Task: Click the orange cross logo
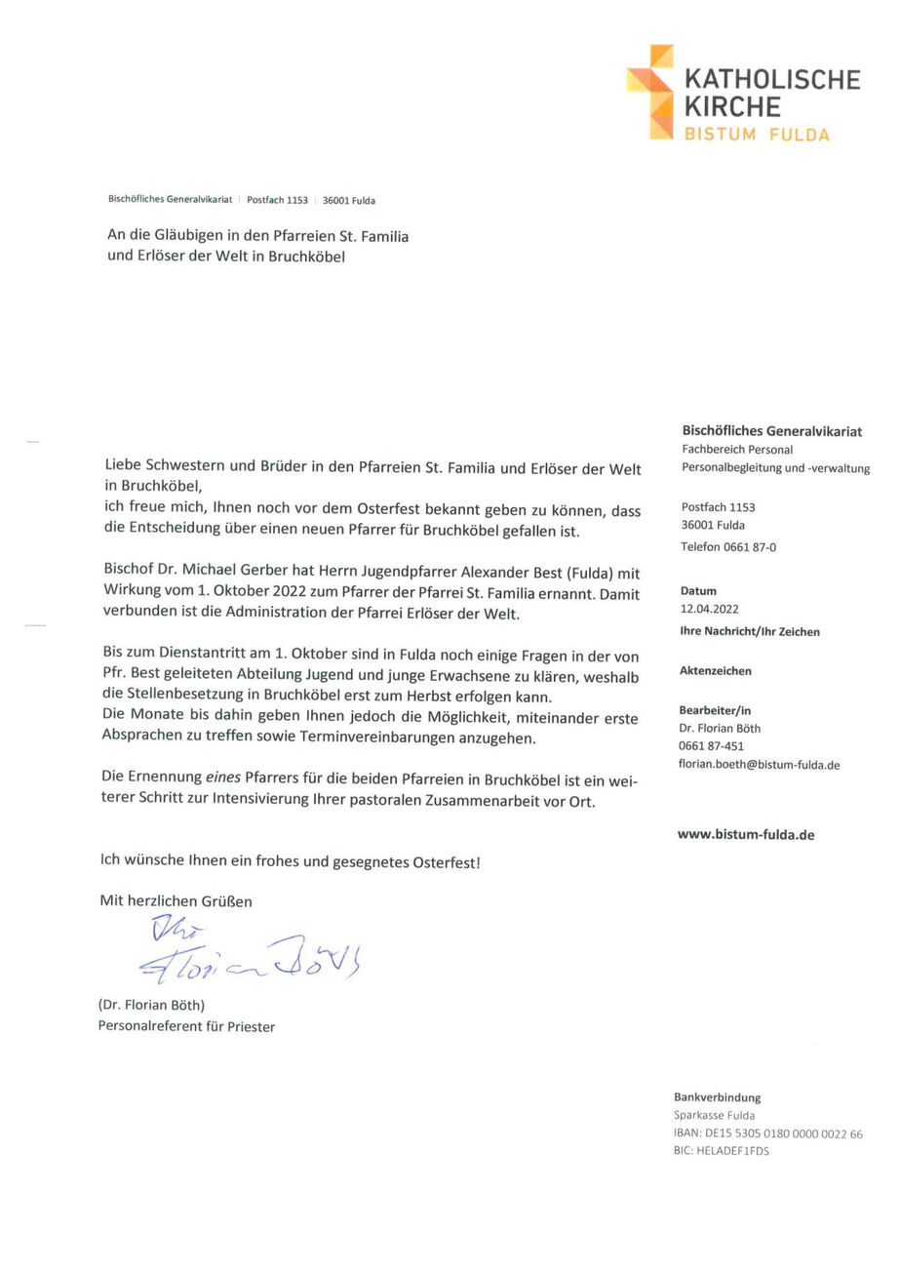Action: coord(650,92)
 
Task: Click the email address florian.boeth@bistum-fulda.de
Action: coord(759,765)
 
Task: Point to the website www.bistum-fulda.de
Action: coord(745,834)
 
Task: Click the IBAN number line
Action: coord(767,1134)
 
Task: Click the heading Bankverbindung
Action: coord(717,1097)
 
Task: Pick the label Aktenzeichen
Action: coord(715,671)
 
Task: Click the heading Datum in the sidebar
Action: coord(698,591)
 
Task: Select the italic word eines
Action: coord(224,777)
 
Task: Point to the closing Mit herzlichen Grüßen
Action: coord(176,901)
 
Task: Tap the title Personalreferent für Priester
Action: coord(185,1026)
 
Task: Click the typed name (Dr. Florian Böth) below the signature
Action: coord(151,1005)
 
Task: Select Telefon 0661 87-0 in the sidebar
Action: coord(728,547)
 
